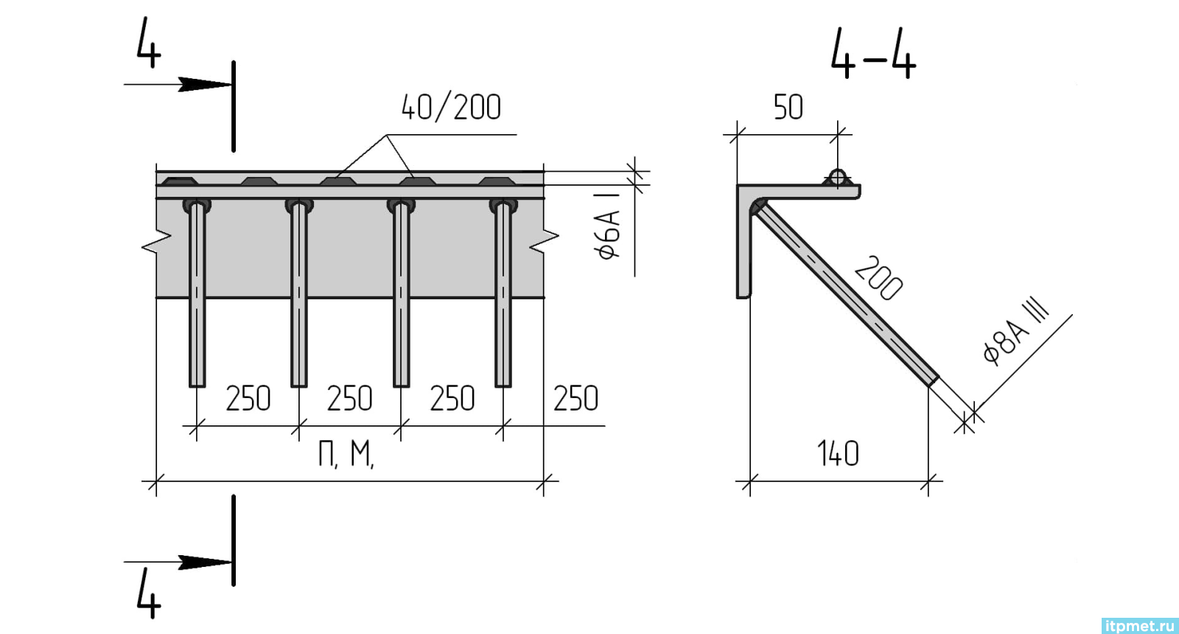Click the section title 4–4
point(873,55)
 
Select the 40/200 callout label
point(451,108)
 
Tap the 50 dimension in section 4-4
point(788,108)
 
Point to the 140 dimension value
point(838,453)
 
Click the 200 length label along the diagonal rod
point(878,279)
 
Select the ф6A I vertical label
point(609,226)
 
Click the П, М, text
point(346,454)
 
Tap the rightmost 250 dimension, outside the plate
point(575,398)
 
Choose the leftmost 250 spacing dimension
point(248,398)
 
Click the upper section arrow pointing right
point(178,84)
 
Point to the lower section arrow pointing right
point(178,562)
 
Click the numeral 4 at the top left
point(148,42)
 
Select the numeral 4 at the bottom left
point(148,594)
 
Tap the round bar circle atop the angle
point(837,177)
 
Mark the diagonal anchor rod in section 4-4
point(845,294)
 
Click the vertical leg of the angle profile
point(744,243)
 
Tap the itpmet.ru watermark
point(1140,626)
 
